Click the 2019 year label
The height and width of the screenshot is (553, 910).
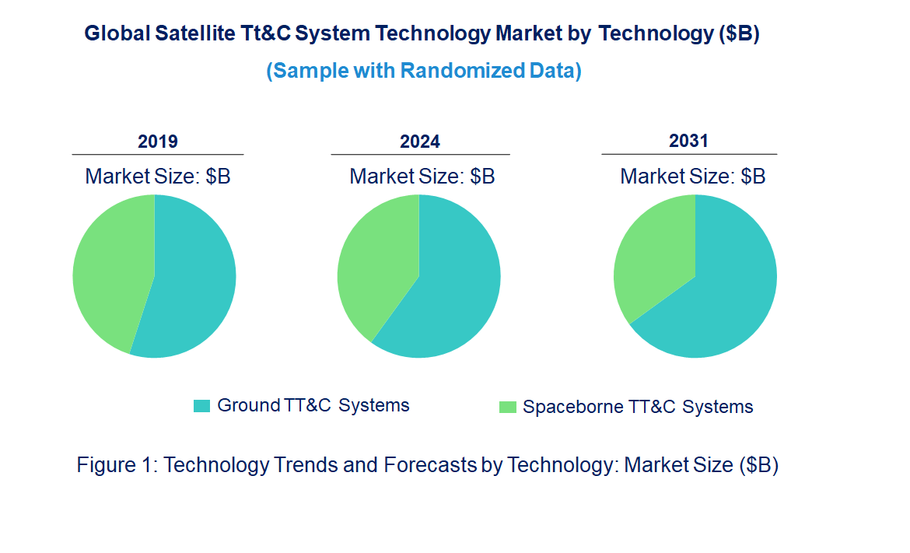[x=158, y=142]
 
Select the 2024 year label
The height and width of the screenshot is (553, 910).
[x=420, y=142]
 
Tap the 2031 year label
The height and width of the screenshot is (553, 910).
[x=689, y=141]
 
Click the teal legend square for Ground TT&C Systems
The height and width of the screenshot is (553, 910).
[x=201, y=406]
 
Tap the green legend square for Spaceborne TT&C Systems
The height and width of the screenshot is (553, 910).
[x=507, y=407]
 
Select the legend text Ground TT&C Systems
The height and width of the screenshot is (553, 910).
[x=313, y=405]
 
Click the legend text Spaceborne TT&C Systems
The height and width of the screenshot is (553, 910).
[x=638, y=407]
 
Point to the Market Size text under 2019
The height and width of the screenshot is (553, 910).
[x=158, y=177]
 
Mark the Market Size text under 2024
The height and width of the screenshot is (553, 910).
[x=422, y=177]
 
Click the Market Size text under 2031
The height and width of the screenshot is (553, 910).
[x=692, y=177]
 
